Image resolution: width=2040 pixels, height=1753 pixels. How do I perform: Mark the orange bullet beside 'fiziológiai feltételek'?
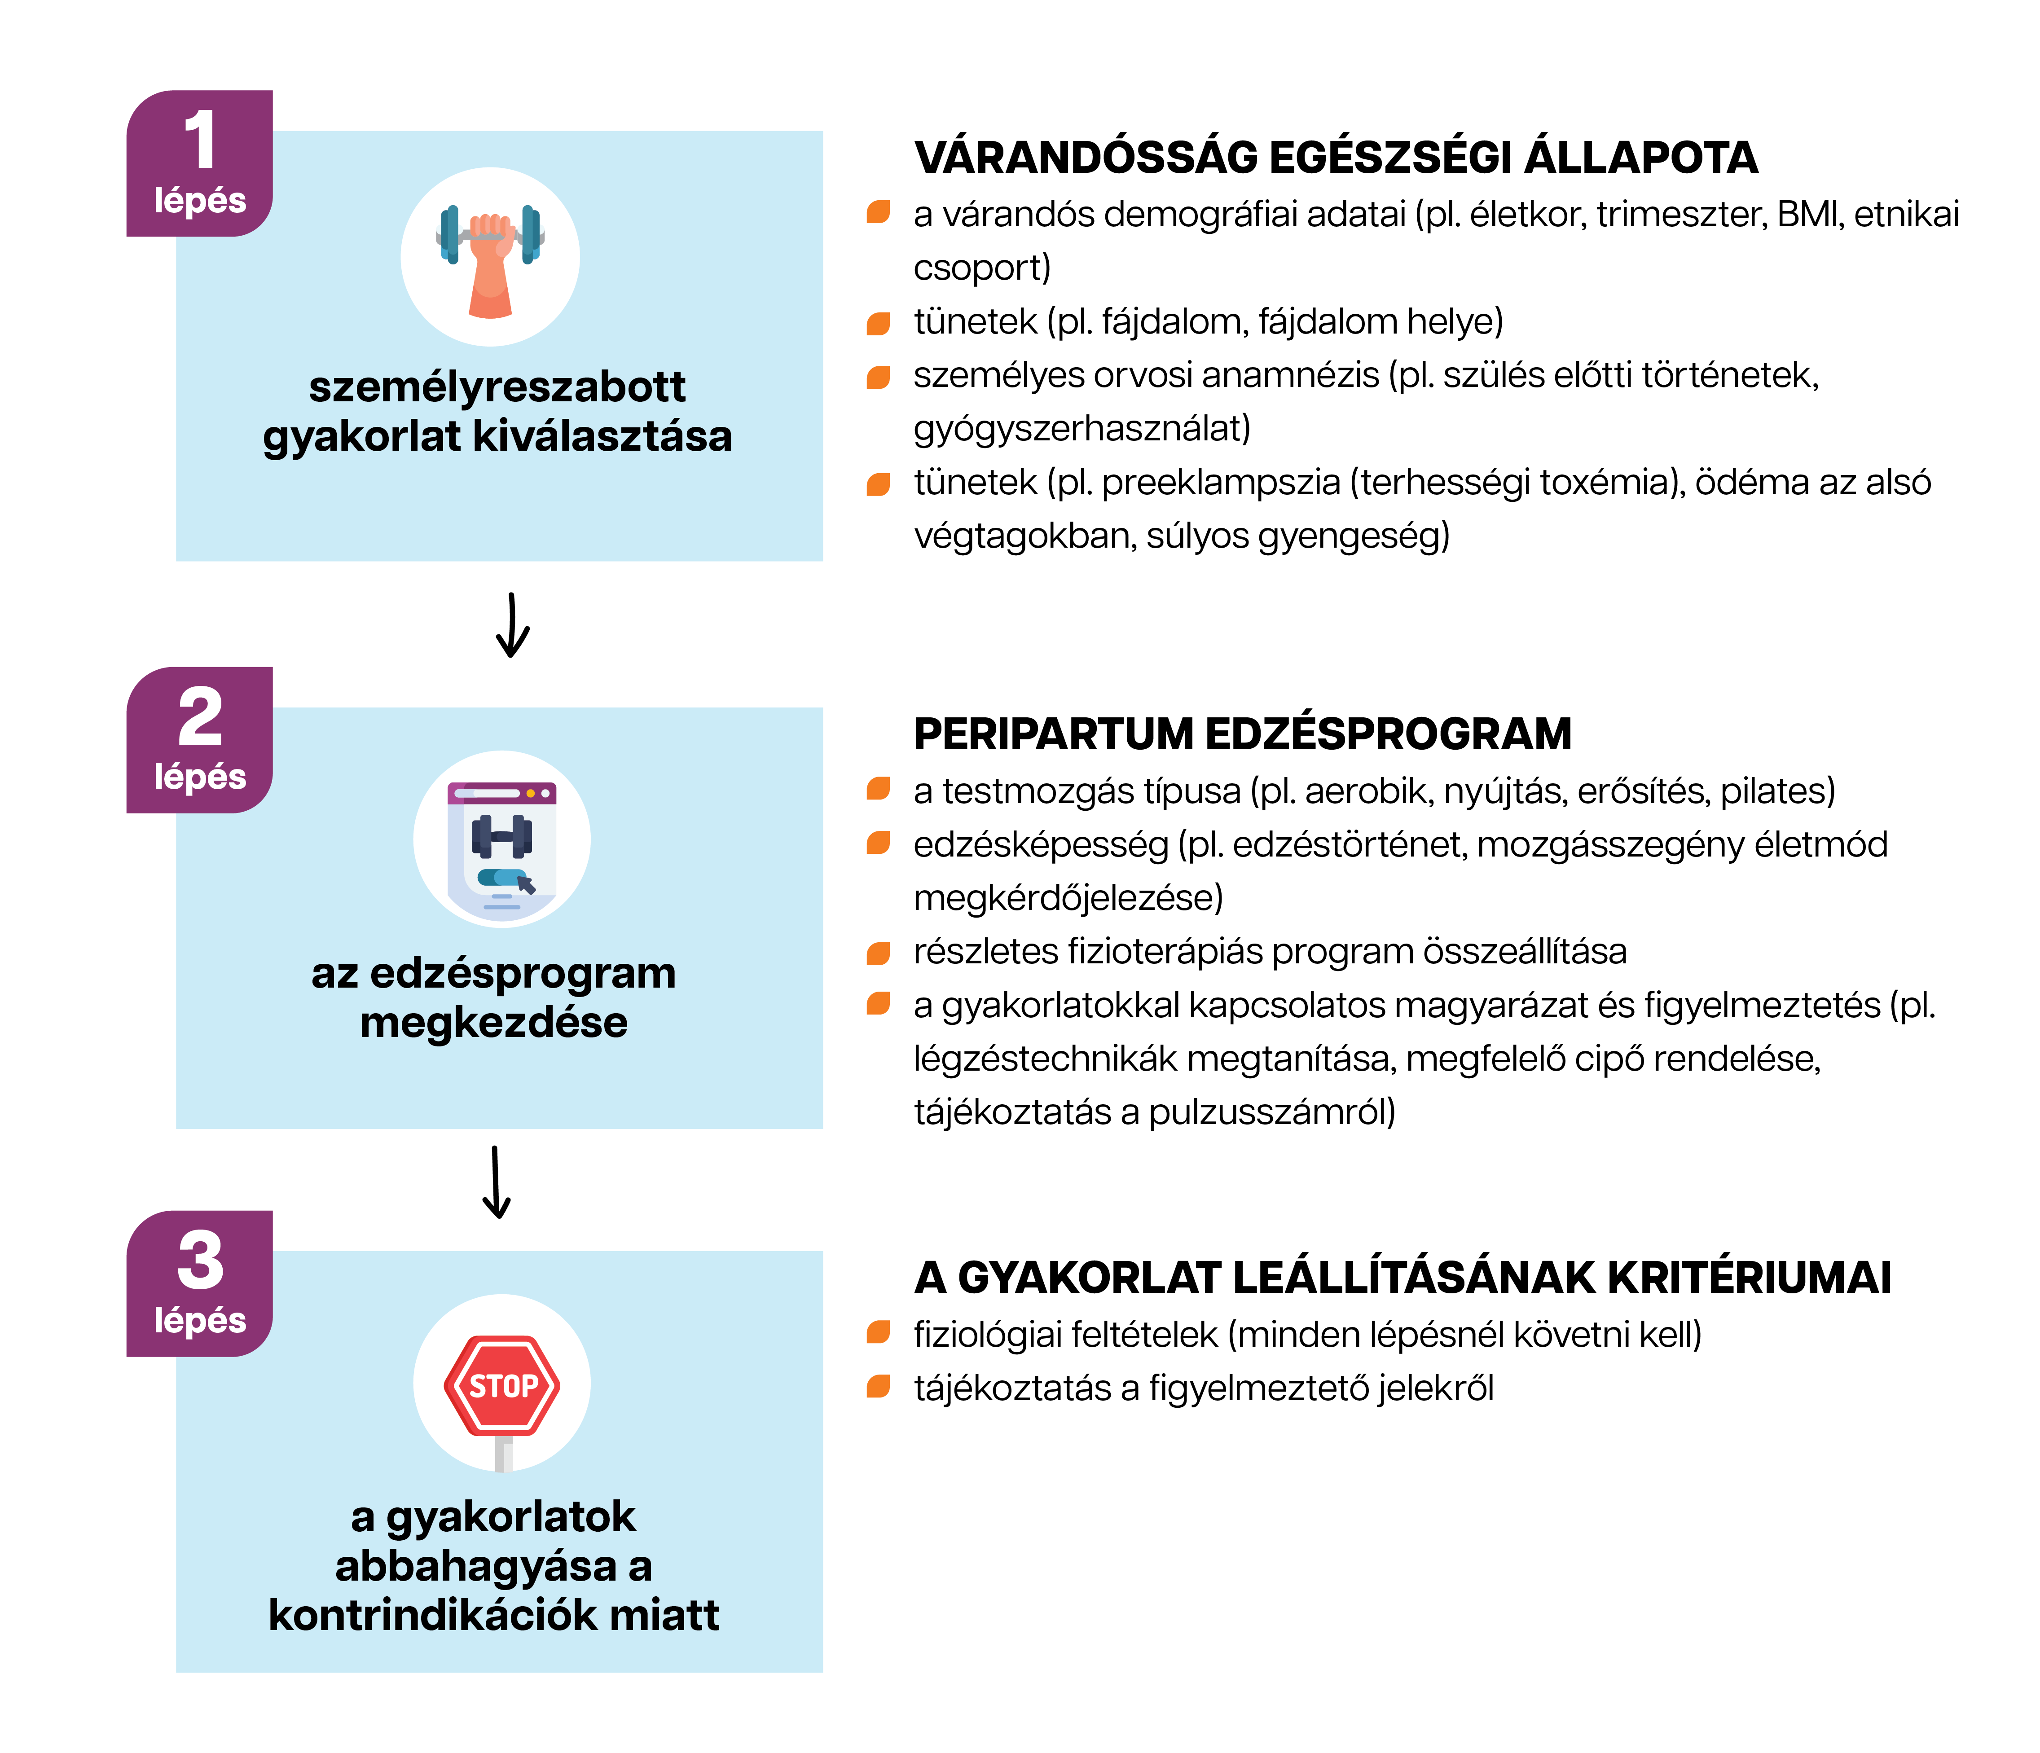(878, 1333)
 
